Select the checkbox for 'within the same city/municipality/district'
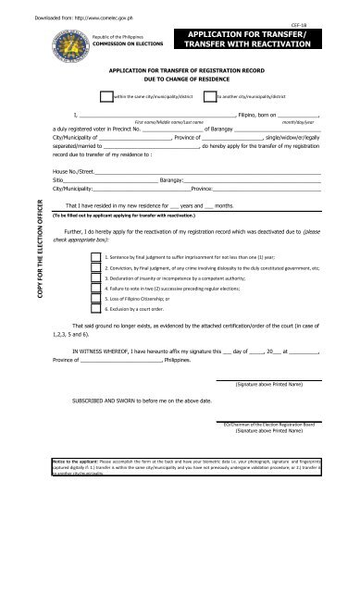point(106,95)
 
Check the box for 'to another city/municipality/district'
point(209,95)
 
